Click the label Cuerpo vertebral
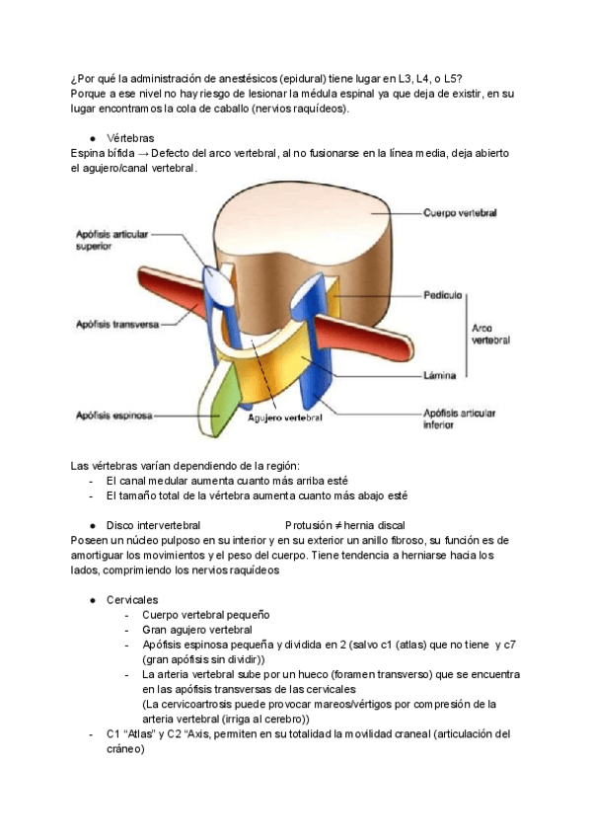click(459, 212)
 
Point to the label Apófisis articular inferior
click(458, 418)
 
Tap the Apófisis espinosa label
click(113, 416)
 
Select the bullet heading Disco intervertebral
click(153, 525)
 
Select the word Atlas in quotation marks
click(139, 733)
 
